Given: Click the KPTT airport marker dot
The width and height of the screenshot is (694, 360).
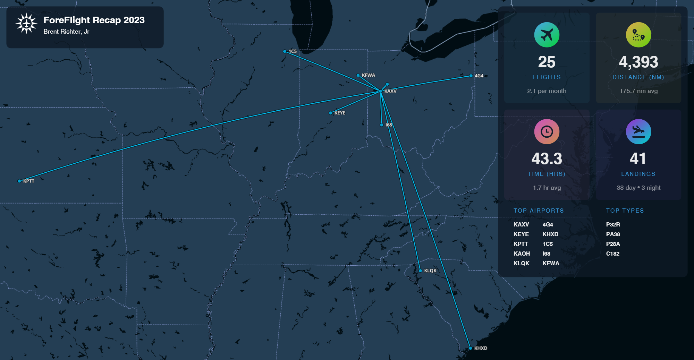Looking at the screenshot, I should [x=19, y=181].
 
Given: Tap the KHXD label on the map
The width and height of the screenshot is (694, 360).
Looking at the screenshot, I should [x=481, y=348].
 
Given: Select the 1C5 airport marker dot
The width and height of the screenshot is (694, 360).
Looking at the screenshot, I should [x=285, y=51].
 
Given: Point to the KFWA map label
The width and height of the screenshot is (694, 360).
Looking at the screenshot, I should [x=368, y=75].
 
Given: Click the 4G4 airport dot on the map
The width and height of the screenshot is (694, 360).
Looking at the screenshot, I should [x=471, y=76].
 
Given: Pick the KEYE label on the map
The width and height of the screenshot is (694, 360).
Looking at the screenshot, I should [x=340, y=113].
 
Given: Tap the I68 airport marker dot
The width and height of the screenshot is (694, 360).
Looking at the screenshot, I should [x=382, y=125].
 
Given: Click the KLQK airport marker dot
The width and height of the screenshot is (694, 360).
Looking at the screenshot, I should [x=420, y=271].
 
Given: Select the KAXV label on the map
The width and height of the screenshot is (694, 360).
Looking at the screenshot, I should [x=390, y=91].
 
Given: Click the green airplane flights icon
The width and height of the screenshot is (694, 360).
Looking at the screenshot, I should [x=547, y=35].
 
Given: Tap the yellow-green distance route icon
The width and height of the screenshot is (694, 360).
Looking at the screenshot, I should [x=638, y=35].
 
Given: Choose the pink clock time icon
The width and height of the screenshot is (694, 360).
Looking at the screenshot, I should [x=547, y=131].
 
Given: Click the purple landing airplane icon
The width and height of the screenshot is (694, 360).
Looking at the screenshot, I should [x=638, y=131].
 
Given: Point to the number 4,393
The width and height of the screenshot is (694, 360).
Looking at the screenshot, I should [x=638, y=62].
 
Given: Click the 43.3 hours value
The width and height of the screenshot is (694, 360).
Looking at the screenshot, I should [x=547, y=159].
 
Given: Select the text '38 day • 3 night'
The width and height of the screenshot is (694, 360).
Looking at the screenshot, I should [x=638, y=188].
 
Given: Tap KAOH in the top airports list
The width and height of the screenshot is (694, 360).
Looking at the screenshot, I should [x=522, y=254].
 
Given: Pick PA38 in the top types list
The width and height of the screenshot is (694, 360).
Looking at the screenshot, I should [x=613, y=234].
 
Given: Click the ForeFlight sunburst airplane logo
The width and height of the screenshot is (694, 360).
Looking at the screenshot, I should [x=26, y=23].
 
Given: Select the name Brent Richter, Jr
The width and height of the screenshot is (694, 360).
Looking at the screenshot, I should [x=66, y=32].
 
